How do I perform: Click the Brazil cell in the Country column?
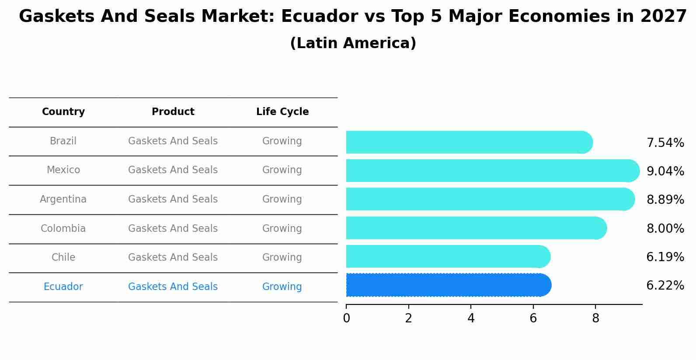(63, 141)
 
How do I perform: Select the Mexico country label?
(63, 170)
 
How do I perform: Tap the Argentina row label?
(63, 199)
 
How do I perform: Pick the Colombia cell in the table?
(63, 229)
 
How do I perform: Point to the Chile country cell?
(63, 258)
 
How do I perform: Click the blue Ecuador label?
(63, 287)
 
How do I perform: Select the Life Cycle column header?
(282, 112)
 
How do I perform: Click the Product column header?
(173, 112)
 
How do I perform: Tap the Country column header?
(63, 112)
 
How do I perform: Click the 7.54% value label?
(665, 143)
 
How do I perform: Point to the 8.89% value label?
(665, 200)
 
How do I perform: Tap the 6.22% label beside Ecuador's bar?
(665, 286)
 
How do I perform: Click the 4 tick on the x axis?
(471, 318)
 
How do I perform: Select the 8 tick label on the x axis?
(595, 318)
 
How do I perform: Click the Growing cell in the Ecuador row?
(282, 287)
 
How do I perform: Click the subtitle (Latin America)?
(353, 43)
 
